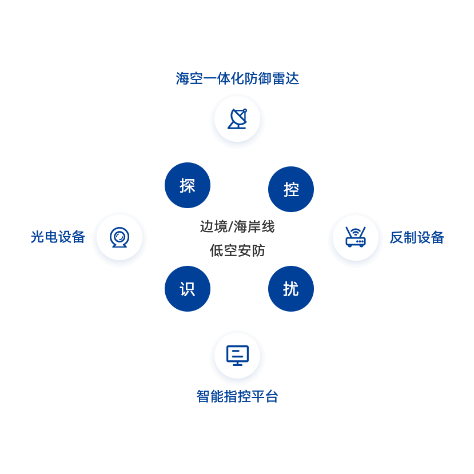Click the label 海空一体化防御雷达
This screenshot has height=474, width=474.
pos(237,78)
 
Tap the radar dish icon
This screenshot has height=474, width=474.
pos(237,120)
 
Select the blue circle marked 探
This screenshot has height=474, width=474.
pos(188,185)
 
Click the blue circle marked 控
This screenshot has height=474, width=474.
pos(291,189)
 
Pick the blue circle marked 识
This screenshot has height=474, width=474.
pos(188,289)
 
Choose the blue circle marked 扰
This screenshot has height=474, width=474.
pos(291,289)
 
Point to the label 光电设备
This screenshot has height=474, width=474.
pos(58,237)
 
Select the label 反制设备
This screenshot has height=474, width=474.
pos(417,237)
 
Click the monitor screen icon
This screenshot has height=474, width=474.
pos(237,355)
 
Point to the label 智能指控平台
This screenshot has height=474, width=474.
pos(237,396)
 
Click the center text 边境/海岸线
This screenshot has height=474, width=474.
pos(237,227)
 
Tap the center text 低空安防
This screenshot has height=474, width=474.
pos(237,250)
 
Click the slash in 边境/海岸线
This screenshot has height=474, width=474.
pos(230,227)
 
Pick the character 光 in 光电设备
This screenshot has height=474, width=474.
pos(37,237)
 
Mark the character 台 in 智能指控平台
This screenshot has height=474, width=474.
pos(272,396)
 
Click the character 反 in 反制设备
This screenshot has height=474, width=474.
pos(396,237)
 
